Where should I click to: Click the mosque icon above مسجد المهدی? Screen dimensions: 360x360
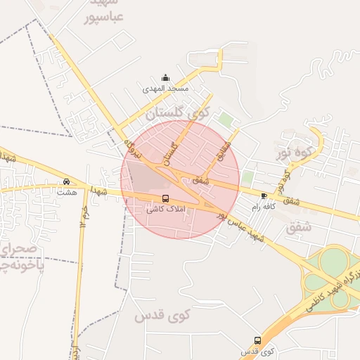point(165,77)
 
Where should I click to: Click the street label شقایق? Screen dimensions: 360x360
point(224,146)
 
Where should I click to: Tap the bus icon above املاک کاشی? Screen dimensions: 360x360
point(166,198)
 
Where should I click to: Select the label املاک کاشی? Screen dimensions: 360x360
point(166,210)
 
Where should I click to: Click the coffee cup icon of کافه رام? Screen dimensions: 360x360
point(264,195)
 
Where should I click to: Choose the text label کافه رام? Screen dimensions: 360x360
point(264,207)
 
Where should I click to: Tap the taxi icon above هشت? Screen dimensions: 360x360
point(66,181)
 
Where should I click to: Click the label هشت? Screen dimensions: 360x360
point(66,192)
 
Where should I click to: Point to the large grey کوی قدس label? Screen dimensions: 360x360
point(163,316)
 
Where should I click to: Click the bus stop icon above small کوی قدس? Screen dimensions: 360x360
point(257,340)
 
